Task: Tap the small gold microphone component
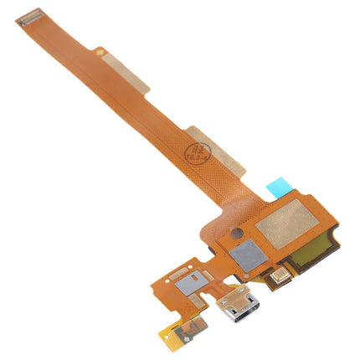tap(281, 274)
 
